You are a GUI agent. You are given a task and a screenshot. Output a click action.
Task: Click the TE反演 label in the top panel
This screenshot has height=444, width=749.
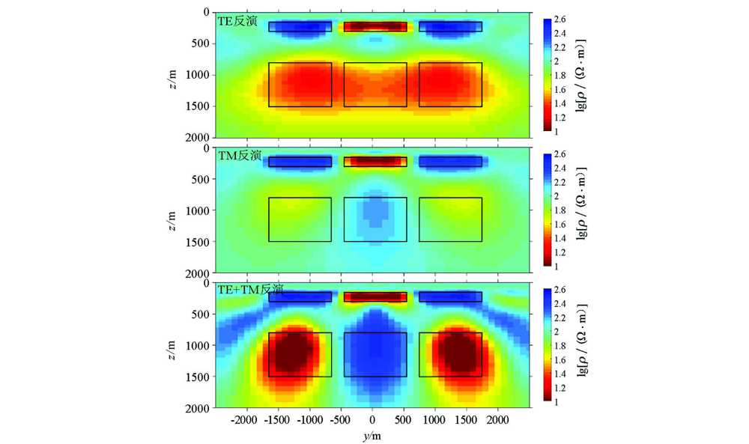[x=237, y=22]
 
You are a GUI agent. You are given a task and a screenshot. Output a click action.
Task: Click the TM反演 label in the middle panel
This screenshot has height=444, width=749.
[x=239, y=156]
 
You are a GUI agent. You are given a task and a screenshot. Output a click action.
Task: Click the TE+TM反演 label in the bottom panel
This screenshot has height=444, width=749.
[x=250, y=290]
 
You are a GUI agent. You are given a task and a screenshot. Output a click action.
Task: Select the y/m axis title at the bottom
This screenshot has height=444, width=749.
[x=372, y=434]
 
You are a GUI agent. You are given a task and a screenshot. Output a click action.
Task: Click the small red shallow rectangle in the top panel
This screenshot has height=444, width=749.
[x=375, y=27]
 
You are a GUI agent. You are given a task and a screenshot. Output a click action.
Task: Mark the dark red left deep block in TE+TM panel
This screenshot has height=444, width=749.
[x=300, y=354]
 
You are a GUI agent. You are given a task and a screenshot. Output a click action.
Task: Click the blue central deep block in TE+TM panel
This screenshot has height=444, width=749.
[x=375, y=354]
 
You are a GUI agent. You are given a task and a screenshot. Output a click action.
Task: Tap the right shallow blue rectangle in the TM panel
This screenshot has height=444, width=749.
[x=450, y=162]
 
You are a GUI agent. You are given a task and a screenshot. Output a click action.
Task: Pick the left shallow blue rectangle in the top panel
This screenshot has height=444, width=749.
[x=300, y=27]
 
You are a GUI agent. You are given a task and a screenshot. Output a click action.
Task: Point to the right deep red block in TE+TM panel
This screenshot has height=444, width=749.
[x=450, y=354]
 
